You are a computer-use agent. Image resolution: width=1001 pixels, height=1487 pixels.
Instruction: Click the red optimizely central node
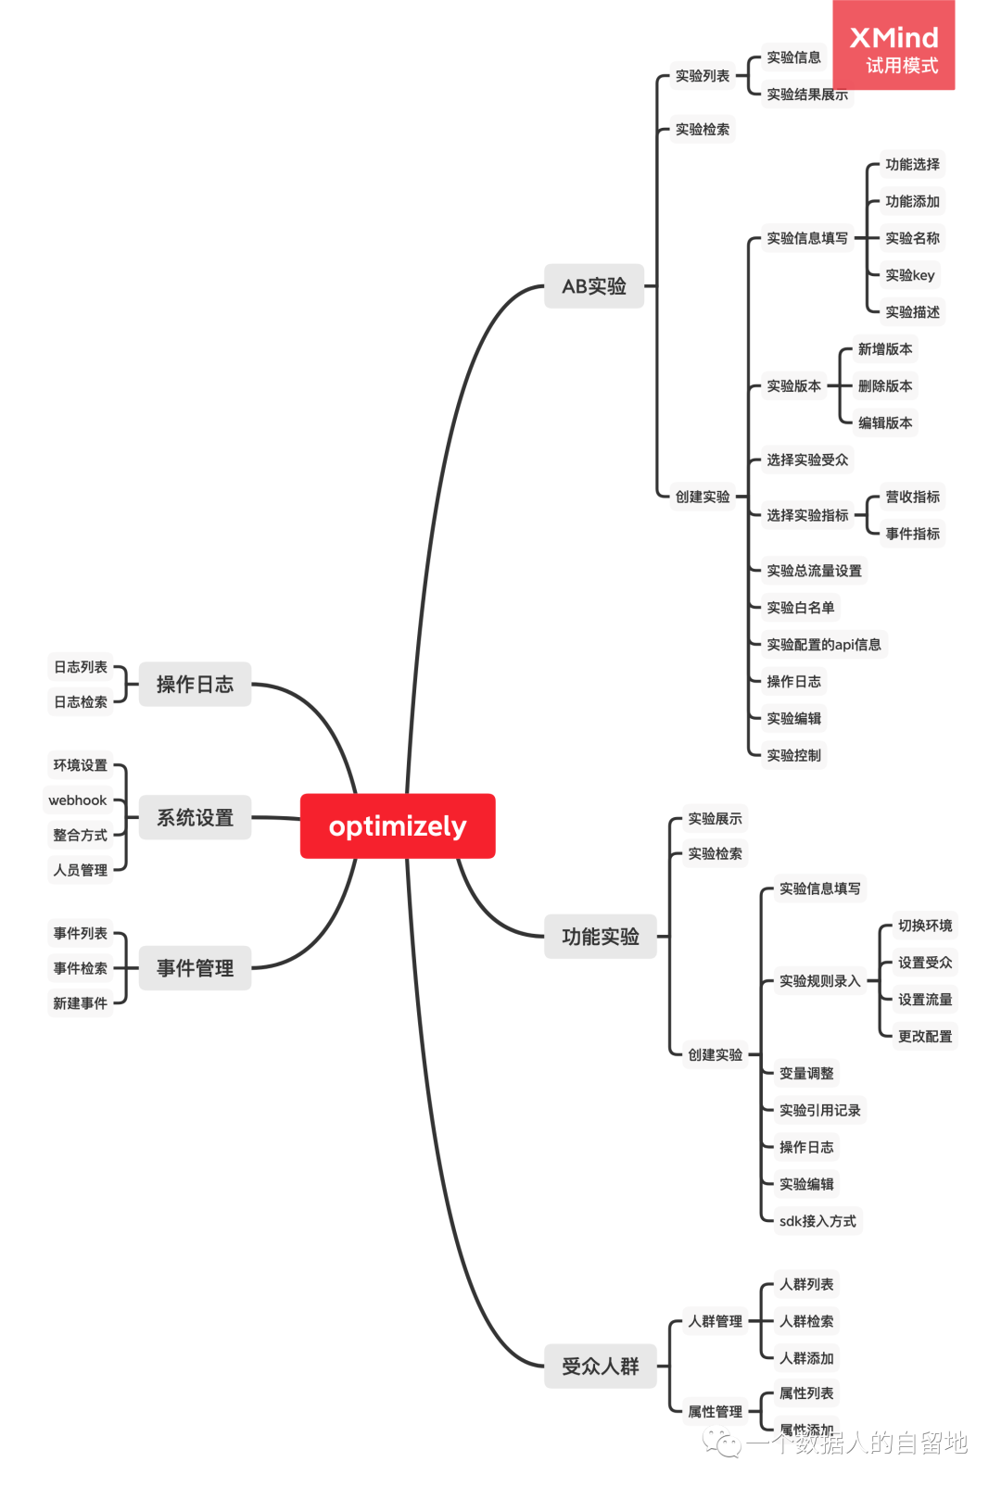[398, 825]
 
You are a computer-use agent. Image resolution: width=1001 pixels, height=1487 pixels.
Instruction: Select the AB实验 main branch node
[594, 286]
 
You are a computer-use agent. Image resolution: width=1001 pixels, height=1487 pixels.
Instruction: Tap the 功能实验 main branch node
[600, 937]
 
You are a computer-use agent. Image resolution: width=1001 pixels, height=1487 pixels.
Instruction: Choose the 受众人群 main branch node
[600, 1366]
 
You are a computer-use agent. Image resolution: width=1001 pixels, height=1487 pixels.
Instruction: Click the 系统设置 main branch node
[195, 817]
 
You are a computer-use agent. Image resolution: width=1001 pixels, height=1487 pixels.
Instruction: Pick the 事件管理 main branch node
[195, 968]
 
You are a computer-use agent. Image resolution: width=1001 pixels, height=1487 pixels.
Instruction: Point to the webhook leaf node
[78, 800]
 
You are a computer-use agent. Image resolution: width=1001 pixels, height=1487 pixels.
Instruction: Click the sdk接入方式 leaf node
[817, 1221]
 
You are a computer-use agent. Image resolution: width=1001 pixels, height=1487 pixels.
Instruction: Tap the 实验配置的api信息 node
[823, 645]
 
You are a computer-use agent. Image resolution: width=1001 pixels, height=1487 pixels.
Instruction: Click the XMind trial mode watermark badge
[893, 46]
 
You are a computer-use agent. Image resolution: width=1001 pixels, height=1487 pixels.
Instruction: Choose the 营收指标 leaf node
[912, 497]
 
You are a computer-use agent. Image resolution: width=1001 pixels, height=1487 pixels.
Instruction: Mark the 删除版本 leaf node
[884, 386]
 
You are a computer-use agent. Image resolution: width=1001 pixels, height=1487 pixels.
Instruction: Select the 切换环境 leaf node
[924, 926]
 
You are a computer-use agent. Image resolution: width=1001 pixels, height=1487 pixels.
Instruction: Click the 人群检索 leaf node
[805, 1321]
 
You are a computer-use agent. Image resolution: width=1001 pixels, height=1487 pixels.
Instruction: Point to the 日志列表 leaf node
[80, 667]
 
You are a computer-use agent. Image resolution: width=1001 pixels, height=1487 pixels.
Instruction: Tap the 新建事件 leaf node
[80, 1003]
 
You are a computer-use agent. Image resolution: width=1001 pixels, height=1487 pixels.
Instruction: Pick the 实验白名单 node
[800, 608]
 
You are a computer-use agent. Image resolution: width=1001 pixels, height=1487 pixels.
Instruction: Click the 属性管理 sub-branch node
[715, 1412]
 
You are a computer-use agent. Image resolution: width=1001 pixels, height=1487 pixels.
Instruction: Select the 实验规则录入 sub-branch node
[819, 981]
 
